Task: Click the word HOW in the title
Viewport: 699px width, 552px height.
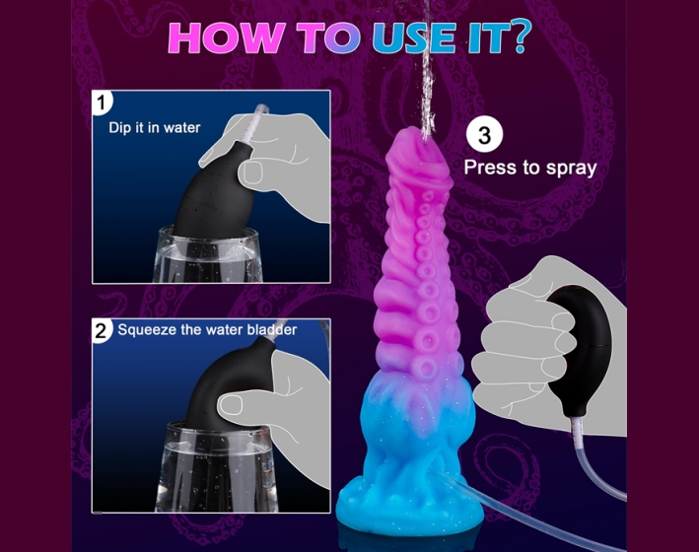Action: coord(227,36)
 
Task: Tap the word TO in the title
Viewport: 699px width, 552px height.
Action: coord(328,36)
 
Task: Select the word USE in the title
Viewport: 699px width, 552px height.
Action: coord(415,36)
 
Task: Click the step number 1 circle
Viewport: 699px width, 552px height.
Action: coord(102,103)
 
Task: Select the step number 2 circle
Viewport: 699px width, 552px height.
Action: coord(102,331)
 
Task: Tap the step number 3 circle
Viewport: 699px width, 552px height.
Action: coord(485,134)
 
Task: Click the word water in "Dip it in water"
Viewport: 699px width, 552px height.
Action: coord(181,128)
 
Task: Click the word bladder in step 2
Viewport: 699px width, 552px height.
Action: coord(272,329)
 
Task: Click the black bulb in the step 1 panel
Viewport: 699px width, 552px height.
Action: coord(214,194)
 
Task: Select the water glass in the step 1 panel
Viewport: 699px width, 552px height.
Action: coord(209,255)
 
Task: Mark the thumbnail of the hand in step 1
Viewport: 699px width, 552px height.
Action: coord(252,172)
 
